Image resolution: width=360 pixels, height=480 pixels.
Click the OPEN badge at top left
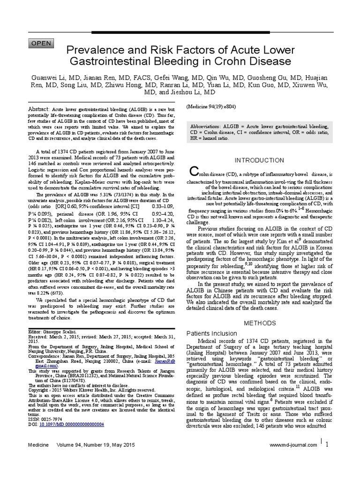[x=42, y=43]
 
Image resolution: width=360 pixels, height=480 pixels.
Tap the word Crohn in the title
[x=241, y=61]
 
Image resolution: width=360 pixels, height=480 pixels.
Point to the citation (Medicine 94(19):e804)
[x=211, y=106]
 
